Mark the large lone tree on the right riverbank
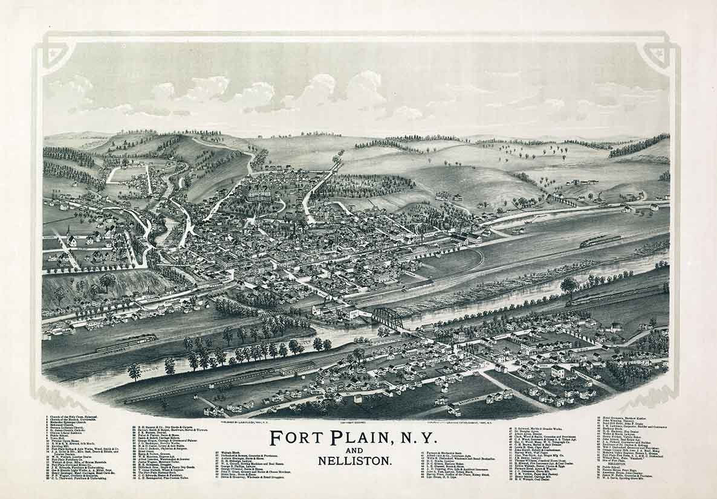tap(569, 286)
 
